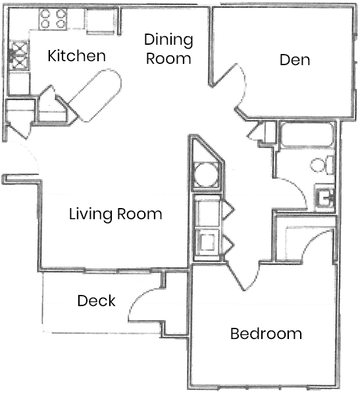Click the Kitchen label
click(76, 56)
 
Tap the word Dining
click(169, 40)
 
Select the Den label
click(294, 60)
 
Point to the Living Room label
click(116, 214)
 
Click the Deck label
click(96, 302)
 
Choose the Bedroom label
click(266, 334)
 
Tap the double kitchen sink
click(18, 57)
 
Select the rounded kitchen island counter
click(96, 95)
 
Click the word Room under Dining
click(169, 58)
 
